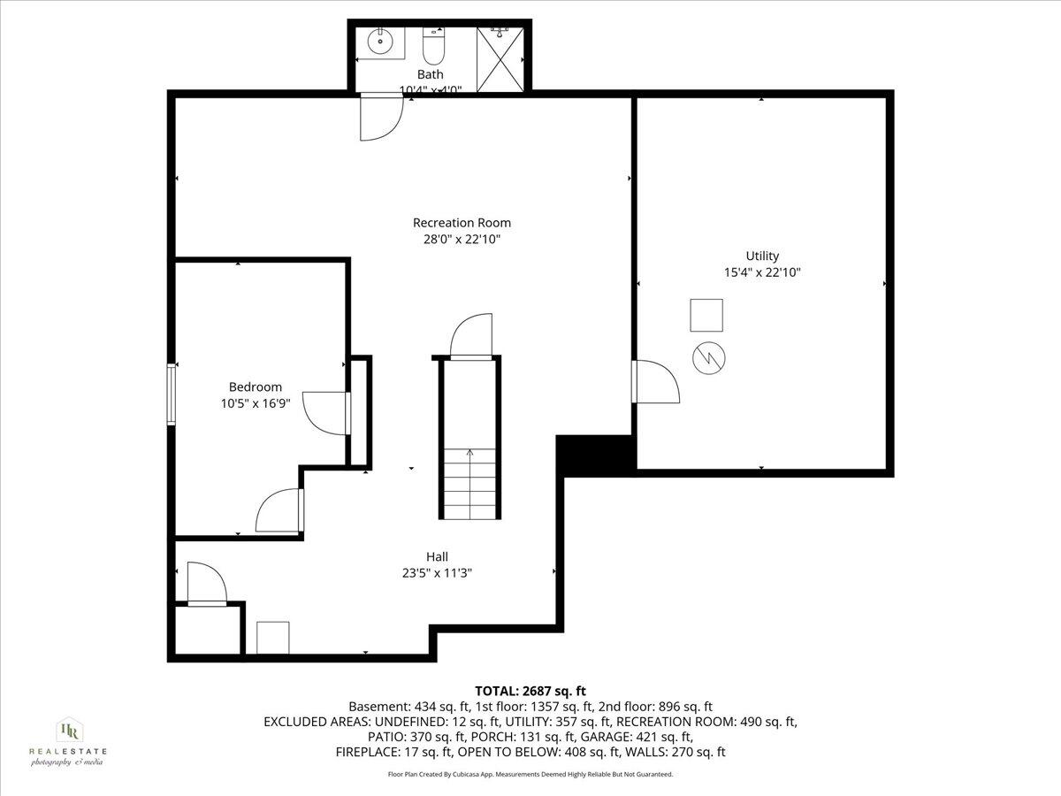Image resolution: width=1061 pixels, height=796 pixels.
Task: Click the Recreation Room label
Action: point(462,223)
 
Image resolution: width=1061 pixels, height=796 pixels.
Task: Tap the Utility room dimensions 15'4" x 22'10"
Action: point(761,273)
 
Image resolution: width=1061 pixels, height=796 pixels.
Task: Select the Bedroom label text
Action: point(256,387)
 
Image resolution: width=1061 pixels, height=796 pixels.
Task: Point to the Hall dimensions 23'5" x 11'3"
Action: point(437,572)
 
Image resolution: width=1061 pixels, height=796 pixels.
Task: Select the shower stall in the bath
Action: point(500,58)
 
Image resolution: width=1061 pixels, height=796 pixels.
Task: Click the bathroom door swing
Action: point(378,118)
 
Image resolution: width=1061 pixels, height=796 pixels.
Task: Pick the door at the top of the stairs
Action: point(470,337)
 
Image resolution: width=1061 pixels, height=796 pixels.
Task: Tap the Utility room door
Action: point(655,381)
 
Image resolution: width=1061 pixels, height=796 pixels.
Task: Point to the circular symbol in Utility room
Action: point(709,357)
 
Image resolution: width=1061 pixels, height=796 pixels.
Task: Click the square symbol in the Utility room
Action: point(706,315)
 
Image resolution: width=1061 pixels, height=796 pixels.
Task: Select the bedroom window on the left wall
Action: point(172,394)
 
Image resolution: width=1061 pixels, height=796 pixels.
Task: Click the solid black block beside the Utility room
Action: point(594,453)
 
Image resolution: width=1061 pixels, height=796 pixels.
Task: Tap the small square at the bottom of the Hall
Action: point(273,637)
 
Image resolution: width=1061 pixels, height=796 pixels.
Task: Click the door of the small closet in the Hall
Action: point(206,585)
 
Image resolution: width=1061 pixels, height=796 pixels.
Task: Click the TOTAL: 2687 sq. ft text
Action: point(530,691)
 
